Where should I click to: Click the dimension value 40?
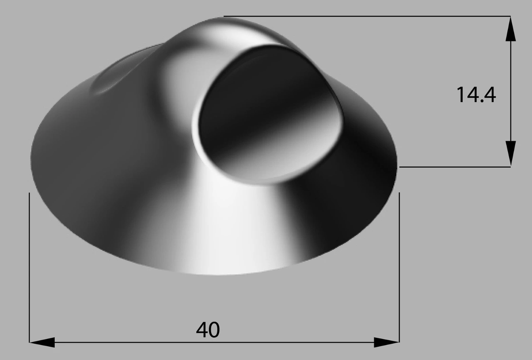[x=208, y=330]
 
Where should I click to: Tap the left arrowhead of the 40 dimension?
[x=42, y=342]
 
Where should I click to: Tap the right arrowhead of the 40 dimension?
[x=386, y=342]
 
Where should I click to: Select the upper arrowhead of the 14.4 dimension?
[x=511, y=29]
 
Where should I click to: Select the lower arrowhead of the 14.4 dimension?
[x=511, y=154]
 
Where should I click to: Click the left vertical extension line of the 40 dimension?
[x=29, y=267]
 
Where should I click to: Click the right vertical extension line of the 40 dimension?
[x=399, y=267]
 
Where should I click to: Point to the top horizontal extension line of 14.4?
[x=367, y=16]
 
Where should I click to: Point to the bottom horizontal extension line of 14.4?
[x=455, y=167]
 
